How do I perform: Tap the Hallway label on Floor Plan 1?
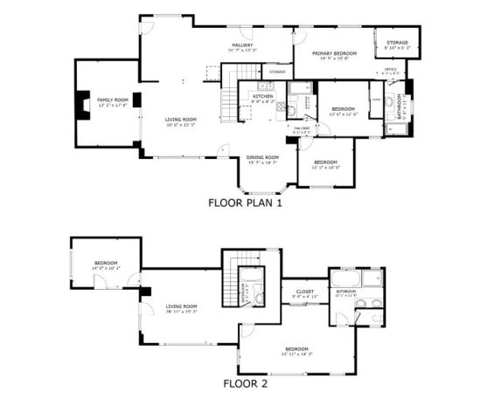click(x=242, y=45)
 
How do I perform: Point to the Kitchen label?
click(x=262, y=97)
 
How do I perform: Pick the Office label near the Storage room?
click(x=390, y=69)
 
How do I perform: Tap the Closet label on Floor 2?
click(x=304, y=292)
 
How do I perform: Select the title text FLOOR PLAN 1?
click(x=246, y=203)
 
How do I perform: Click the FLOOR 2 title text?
click(x=245, y=382)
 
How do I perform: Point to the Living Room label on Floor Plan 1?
click(x=181, y=120)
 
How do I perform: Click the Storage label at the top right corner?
click(x=397, y=43)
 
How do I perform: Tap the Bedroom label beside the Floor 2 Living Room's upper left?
click(x=106, y=263)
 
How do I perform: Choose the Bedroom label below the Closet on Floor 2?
click(x=296, y=350)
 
